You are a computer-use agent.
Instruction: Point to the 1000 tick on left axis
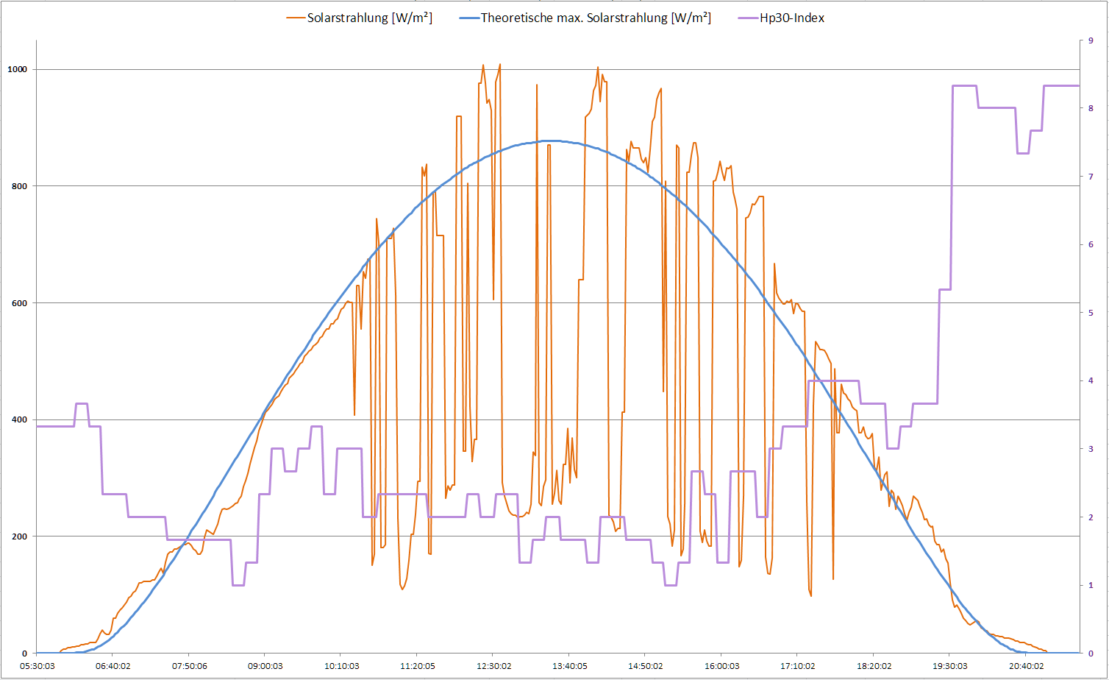point(18,69)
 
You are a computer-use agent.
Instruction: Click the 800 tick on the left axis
point(19,186)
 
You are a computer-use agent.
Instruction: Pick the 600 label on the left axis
point(19,303)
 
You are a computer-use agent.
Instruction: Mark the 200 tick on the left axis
point(19,536)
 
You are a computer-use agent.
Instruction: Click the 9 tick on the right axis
point(1091,40)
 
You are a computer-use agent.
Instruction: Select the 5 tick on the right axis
point(1091,313)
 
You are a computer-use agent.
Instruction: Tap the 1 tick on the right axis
point(1091,585)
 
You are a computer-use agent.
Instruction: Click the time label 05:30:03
point(37,666)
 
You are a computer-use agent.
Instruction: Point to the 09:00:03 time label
point(265,666)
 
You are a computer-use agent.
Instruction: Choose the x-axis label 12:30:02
point(493,666)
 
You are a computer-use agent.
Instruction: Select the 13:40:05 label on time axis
point(570,666)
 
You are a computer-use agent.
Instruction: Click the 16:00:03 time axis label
point(722,666)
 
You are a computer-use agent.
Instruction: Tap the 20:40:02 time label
point(1026,666)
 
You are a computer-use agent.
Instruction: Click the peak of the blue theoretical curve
point(550,141)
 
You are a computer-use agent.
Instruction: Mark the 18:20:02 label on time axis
point(874,666)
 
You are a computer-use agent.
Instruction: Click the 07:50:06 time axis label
point(189,666)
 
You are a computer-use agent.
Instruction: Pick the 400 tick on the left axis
point(19,419)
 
